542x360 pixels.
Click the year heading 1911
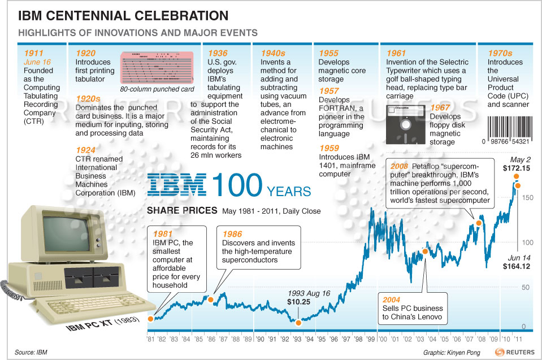click(33, 53)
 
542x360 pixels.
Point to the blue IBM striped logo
click(176, 185)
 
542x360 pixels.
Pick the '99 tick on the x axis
click(371, 340)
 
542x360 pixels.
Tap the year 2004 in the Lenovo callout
click(392, 299)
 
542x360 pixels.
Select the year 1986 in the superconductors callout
click(232, 234)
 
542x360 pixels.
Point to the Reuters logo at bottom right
click(515, 352)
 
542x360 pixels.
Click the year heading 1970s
click(501, 53)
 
